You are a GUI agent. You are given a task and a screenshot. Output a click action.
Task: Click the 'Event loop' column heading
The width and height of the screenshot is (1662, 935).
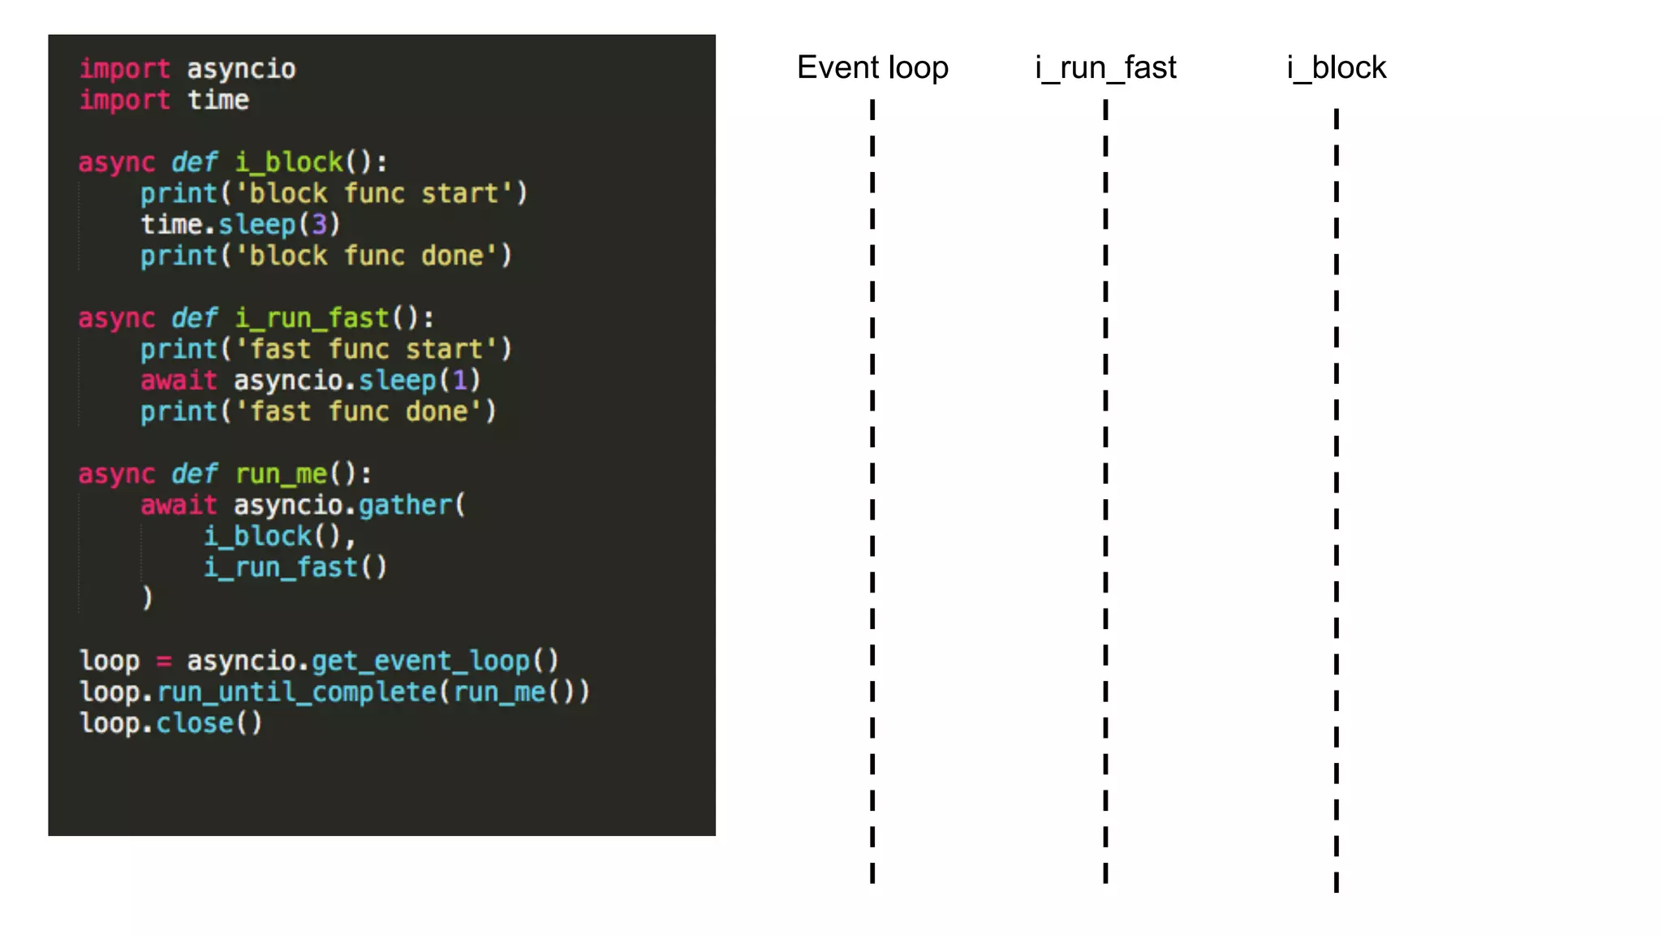click(872, 67)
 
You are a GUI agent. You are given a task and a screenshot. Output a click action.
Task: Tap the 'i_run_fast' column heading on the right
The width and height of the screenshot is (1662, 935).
click(1105, 67)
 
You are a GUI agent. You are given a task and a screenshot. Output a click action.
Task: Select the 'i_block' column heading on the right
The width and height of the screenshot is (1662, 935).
click(1337, 67)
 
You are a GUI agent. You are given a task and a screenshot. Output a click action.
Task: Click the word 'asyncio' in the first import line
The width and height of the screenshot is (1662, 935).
click(241, 69)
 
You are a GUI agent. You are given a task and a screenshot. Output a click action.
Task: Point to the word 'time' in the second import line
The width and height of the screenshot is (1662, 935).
click(218, 100)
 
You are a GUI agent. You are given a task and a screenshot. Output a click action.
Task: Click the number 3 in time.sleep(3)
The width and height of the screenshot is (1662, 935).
click(320, 224)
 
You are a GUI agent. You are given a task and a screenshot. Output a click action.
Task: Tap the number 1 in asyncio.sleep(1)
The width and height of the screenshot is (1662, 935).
click(460, 380)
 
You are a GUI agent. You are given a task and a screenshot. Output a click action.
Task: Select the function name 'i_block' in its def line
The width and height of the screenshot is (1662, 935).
click(290, 162)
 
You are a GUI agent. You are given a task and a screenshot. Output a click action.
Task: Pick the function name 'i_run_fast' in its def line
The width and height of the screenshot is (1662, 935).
click(312, 318)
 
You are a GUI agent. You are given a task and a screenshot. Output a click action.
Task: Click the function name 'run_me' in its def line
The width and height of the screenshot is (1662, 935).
click(282, 474)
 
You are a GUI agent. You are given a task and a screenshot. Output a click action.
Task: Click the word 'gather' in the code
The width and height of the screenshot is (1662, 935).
click(405, 505)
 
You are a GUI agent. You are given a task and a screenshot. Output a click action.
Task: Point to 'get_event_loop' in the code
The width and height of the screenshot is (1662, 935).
click(420, 661)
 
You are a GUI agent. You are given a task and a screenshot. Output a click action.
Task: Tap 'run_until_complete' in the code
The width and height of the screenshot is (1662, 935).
click(297, 692)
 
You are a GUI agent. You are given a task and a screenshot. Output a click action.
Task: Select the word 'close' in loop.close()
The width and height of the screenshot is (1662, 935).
click(195, 723)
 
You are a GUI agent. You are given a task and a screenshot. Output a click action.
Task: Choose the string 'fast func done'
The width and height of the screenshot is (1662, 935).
click(359, 411)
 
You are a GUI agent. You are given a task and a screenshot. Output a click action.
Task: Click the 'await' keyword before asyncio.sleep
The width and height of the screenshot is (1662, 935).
click(179, 380)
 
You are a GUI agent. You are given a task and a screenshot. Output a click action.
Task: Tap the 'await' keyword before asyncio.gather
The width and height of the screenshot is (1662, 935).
click(179, 505)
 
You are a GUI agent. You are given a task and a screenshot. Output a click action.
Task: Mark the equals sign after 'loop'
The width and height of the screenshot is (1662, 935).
click(164, 661)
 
